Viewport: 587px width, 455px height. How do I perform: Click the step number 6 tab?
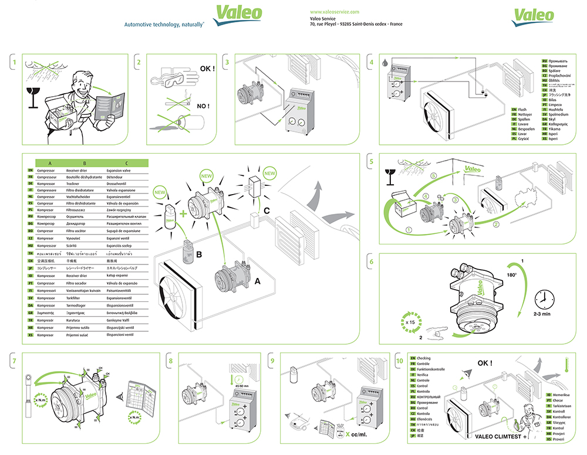pos(371,261)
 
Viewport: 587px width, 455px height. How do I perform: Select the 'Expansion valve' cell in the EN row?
pos(119,170)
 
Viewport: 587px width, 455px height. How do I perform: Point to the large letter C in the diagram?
pos(267,210)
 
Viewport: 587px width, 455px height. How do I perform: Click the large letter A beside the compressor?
pos(257,281)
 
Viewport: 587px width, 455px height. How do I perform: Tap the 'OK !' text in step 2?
pos(207,68)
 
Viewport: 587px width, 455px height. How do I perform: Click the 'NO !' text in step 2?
pos(203,106)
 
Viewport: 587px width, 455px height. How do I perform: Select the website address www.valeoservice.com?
pos(334,12)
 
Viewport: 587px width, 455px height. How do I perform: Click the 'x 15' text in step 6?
pos(411,321)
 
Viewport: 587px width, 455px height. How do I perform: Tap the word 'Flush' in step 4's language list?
pos(522,110)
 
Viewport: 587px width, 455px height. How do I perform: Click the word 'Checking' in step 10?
pos(423,358)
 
